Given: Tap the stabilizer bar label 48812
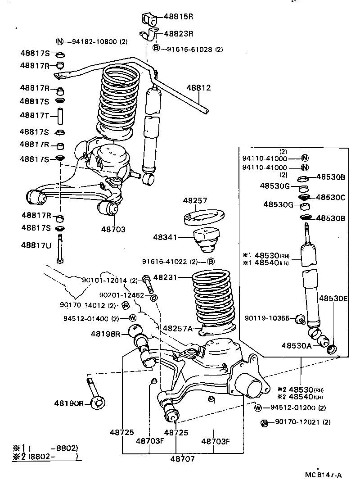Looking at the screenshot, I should point(198,88).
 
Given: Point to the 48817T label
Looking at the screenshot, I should point(35,115).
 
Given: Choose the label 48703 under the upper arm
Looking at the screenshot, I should point(113,229).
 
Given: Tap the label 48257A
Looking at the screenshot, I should point(178,329).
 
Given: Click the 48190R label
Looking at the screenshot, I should point(69,403).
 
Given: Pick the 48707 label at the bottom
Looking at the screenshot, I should point(182,459).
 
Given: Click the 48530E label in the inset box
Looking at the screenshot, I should point(333,298).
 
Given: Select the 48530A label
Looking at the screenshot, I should point(297,345).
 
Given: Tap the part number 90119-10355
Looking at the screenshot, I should point(267,318).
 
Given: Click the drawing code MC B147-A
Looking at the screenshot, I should point(323,475).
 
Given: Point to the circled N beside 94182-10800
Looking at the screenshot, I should point(59,42).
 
